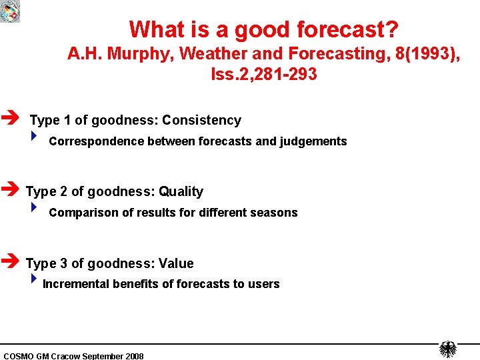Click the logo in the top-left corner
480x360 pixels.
click(x=10, y=11)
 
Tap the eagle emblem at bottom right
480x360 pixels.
click(x=447, y=349)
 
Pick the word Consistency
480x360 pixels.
click(x=201, y=120)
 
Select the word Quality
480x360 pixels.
click(x=181, y=191)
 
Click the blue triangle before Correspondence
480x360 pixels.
click(x=35, y=138)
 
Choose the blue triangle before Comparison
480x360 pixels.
click(x=35, y=209)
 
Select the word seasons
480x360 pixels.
click(x=275, y=213)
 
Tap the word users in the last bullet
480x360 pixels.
click(x=264, y=284)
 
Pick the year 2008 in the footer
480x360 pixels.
click(x=134, y=356)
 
